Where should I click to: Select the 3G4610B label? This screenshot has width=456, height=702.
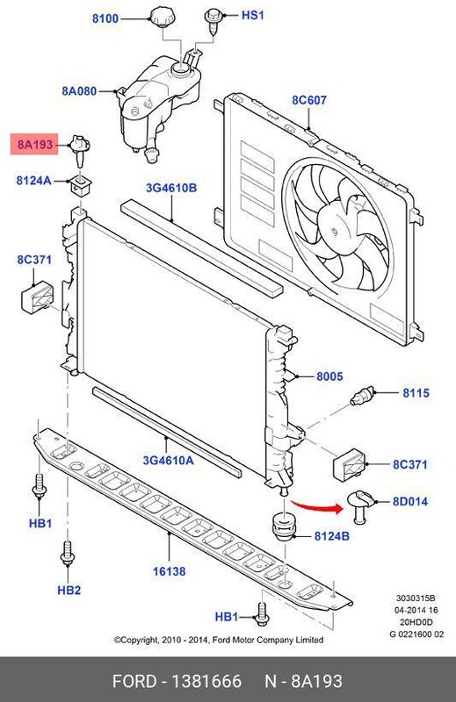[171, 188]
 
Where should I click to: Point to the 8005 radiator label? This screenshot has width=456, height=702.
[329, 376]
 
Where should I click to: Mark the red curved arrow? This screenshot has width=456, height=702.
[317, 505]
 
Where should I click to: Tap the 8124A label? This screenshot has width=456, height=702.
[33, 181]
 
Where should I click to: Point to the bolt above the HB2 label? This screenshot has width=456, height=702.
[68, 553]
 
